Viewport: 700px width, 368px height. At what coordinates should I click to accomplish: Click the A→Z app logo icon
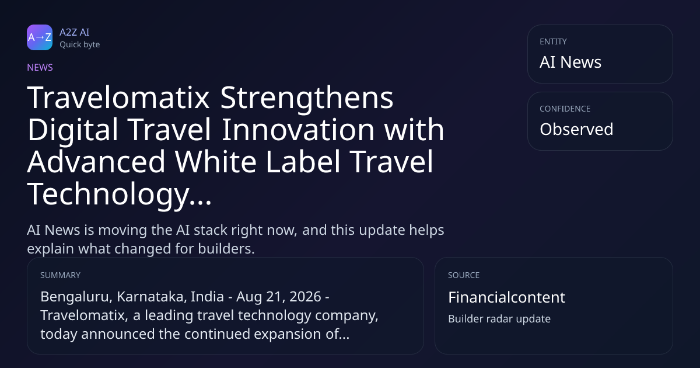coord(40,37)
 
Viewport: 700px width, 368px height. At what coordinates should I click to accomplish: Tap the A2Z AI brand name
coord(75,32)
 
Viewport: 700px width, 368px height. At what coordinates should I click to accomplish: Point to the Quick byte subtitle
coord(80,45)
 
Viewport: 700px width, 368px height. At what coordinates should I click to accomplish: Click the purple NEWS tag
coord(40,67)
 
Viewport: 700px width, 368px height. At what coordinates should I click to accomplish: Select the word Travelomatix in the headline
coord(118,98)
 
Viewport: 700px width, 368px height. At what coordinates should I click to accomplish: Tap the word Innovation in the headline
coord(298,130)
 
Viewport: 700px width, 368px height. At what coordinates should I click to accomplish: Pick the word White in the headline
coord(216,161)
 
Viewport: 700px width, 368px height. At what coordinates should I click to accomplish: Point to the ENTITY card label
coord(553,41)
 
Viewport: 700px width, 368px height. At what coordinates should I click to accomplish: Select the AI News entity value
coord(570,62)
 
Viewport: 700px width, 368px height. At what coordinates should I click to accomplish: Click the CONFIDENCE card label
coord(565,109)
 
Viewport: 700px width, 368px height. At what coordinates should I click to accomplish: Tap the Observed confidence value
coord(576,129)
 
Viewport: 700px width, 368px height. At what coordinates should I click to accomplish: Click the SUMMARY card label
coord(60,275)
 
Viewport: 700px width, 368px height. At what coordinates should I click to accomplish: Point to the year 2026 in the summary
coord(305,297)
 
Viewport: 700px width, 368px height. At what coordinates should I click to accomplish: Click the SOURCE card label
coord(464,275)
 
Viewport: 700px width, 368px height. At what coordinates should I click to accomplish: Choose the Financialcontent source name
coord(506,297)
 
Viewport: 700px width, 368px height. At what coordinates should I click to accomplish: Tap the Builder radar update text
coord(499,319)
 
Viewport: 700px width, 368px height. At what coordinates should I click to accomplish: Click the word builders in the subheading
coord(226,249)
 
